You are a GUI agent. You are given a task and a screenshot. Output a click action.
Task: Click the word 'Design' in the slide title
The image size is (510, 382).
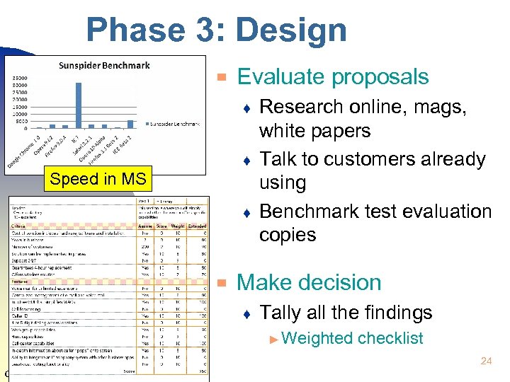291,30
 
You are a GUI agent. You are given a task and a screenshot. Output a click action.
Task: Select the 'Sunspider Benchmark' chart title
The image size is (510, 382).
104,66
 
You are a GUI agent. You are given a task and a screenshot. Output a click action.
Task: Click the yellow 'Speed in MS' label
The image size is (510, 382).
98,179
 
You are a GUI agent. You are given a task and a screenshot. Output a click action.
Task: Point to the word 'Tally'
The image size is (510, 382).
280,313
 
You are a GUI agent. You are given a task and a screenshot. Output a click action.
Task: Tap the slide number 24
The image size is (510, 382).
486,361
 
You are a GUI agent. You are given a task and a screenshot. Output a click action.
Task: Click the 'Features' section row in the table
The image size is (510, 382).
21,281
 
